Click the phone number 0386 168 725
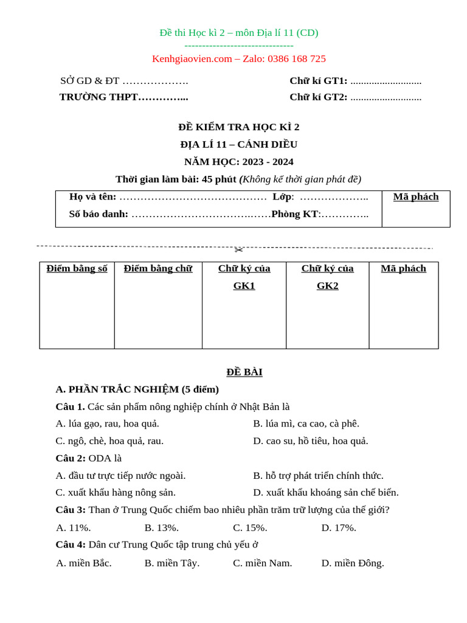point(295,59)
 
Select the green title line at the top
point(238,33)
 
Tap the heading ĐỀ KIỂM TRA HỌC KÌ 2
point(238,127)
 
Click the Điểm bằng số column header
point(77,269)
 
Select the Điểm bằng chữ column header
point(158,269)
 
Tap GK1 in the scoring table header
point(244,286)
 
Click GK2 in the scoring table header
point(327,286)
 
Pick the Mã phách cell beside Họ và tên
point(416,197)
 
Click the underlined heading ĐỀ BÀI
point(244,372)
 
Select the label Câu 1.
point(70,407)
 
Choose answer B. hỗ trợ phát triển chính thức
point(318,476)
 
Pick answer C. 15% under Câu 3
point(250,528)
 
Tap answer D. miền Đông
point(353,563)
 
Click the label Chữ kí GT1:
point(318,81)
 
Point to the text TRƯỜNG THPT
point(99,97)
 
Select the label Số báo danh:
point(99,214)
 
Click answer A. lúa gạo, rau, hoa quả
point(107,424)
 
